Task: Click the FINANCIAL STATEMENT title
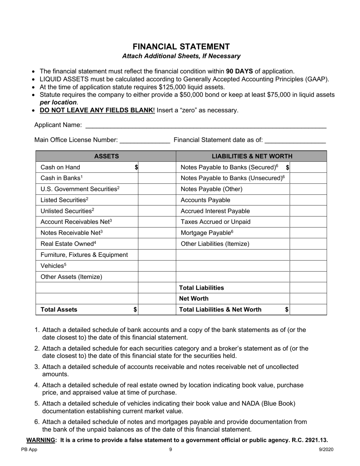(x=181, y=47)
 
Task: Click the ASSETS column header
(x=106, y=156)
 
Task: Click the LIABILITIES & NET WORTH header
(x=252, y=156)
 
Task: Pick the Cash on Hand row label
(x=60, y=167)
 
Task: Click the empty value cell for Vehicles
(x=157, y=266)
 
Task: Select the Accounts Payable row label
(x=205, y=200)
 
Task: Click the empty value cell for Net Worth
(x=308, y=299)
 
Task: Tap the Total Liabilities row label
(x=201, y=288)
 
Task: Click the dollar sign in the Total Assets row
(x=135, y=310)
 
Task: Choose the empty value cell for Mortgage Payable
(x=308, y=233)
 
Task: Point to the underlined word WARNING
(x=40, y=440)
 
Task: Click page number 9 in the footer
(x=171, y=450)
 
